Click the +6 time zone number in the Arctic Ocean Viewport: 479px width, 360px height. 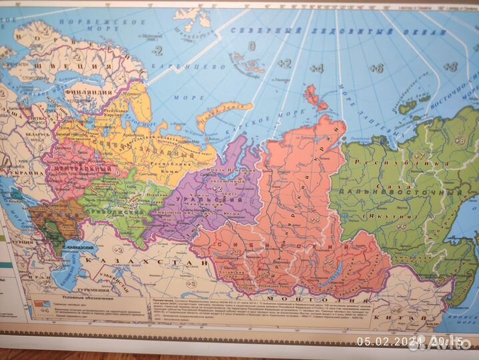tap(376, 68)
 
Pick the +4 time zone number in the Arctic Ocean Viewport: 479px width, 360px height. tap(317, 68)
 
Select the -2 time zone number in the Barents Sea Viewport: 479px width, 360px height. tap(157, 51)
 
